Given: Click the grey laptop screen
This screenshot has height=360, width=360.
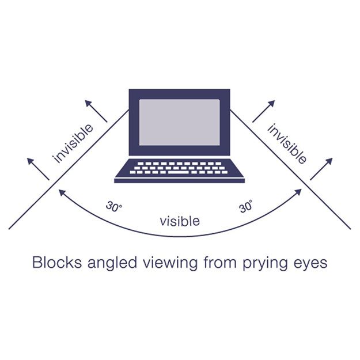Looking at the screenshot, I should click(180, 122).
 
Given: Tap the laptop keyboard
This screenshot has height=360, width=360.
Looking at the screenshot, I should click(180, 168).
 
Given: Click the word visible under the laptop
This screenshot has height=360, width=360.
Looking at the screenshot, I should click(180, 220).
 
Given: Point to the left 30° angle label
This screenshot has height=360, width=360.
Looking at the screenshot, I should click(114, 206).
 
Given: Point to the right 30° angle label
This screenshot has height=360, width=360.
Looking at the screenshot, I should click(246, 206).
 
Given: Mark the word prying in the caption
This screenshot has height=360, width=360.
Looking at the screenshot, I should click(262, 264).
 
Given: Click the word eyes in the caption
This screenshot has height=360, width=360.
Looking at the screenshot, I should click(310, 264).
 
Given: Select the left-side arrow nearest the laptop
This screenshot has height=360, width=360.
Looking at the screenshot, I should click(96, 111).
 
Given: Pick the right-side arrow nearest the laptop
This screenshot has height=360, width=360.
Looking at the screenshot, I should click(263, 111).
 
